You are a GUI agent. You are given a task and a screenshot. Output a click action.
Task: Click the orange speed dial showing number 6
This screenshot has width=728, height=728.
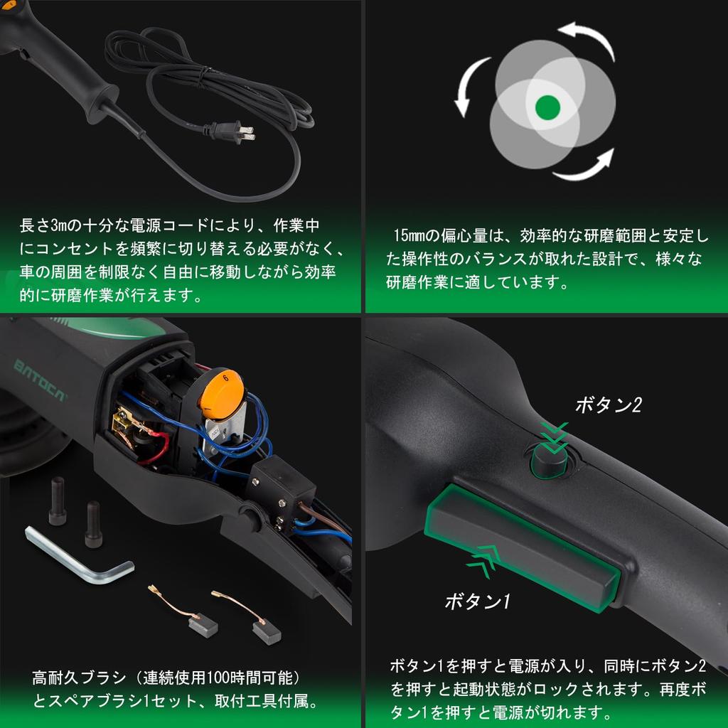221,395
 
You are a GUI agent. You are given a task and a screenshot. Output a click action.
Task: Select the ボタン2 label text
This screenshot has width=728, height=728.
609,405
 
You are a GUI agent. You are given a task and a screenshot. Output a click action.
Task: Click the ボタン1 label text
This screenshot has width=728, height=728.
478,601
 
